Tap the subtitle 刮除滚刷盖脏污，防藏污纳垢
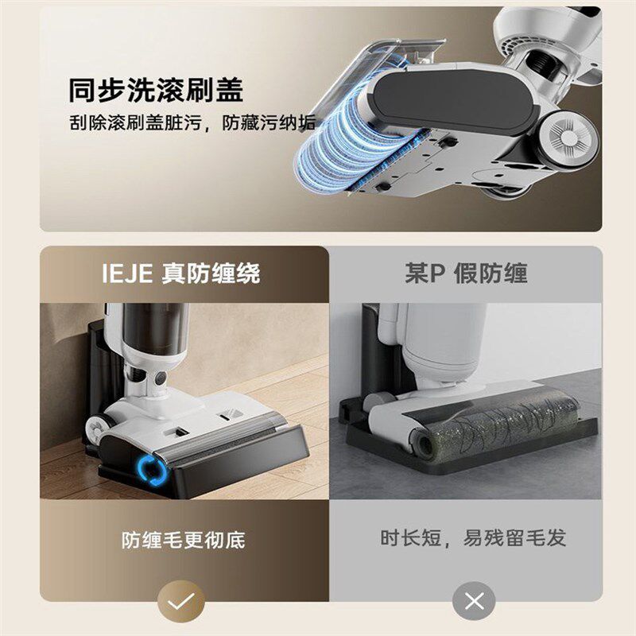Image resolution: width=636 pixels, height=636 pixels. coord(191,123)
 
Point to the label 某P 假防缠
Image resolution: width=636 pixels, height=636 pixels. coord(467,274)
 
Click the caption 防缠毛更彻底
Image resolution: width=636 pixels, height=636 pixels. coord(184,540)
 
